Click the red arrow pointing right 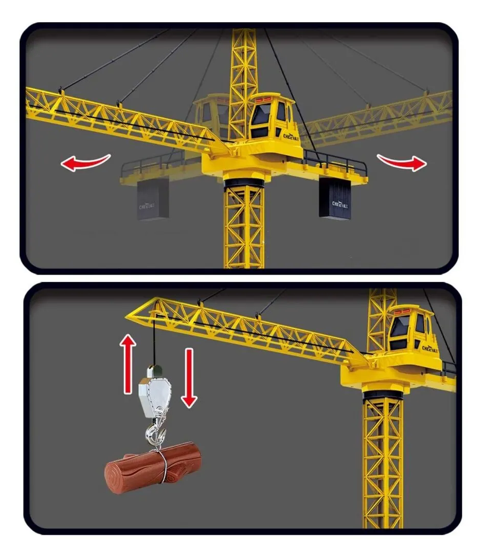pyautogui.click(x=402, y=162)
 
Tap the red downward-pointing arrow pyautogui.click(x=189, y=378)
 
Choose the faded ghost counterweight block pyautogui.click(x=153, y=200)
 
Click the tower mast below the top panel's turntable pyautogui.click(x=244, y=226)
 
